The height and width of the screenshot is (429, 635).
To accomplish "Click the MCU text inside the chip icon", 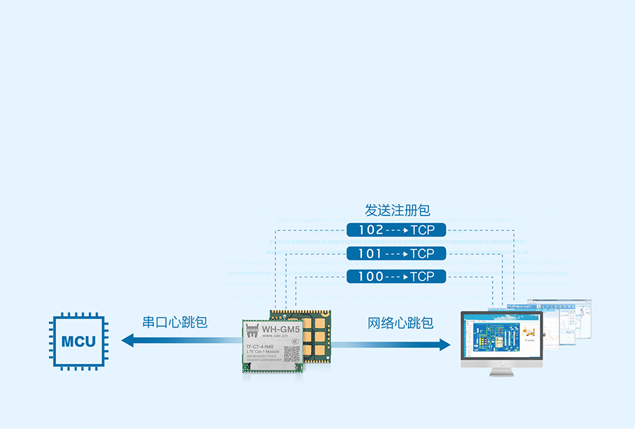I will pos(78,342).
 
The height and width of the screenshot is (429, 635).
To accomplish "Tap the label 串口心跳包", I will pos(175,322).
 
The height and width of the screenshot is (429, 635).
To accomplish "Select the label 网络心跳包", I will pos(400,323).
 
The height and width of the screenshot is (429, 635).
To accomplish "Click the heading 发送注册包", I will pos(397,210).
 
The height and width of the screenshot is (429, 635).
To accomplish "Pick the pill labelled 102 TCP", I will pos(397,230).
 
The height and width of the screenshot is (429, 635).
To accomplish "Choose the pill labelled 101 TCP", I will pos(397,253).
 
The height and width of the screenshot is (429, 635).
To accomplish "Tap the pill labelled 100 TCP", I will pos(397,277).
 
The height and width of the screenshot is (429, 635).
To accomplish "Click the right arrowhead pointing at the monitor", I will pos(444,344).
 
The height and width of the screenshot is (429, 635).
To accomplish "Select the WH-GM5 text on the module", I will pos(281,328).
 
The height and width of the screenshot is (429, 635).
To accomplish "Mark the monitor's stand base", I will pos(501,372).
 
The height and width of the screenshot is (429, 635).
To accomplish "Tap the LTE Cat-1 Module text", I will pos(262,353).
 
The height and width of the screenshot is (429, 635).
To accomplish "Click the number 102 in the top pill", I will pos(370,230).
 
